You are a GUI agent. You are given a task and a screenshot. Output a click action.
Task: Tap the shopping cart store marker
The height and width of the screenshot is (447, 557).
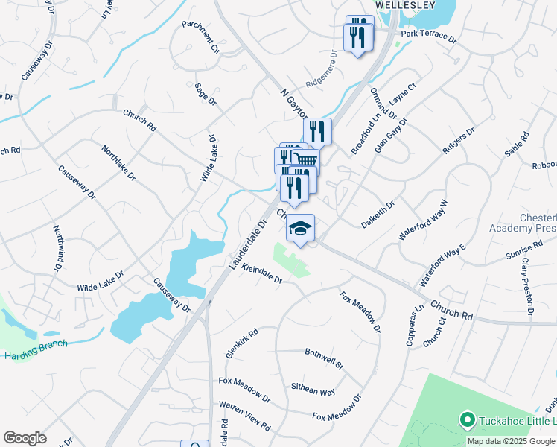click(306, 162)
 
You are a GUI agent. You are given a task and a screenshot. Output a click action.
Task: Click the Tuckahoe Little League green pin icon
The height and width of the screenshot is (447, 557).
click(468, 420)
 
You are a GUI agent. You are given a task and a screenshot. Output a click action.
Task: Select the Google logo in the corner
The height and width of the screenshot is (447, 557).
click(25, 438)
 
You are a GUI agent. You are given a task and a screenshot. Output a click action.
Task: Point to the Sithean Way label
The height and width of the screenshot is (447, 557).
click(313, 388)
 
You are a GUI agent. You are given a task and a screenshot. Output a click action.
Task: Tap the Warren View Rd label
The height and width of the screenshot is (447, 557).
click(244, 416)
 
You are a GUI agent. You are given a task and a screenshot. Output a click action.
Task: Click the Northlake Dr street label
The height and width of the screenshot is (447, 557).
click(118, 163)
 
